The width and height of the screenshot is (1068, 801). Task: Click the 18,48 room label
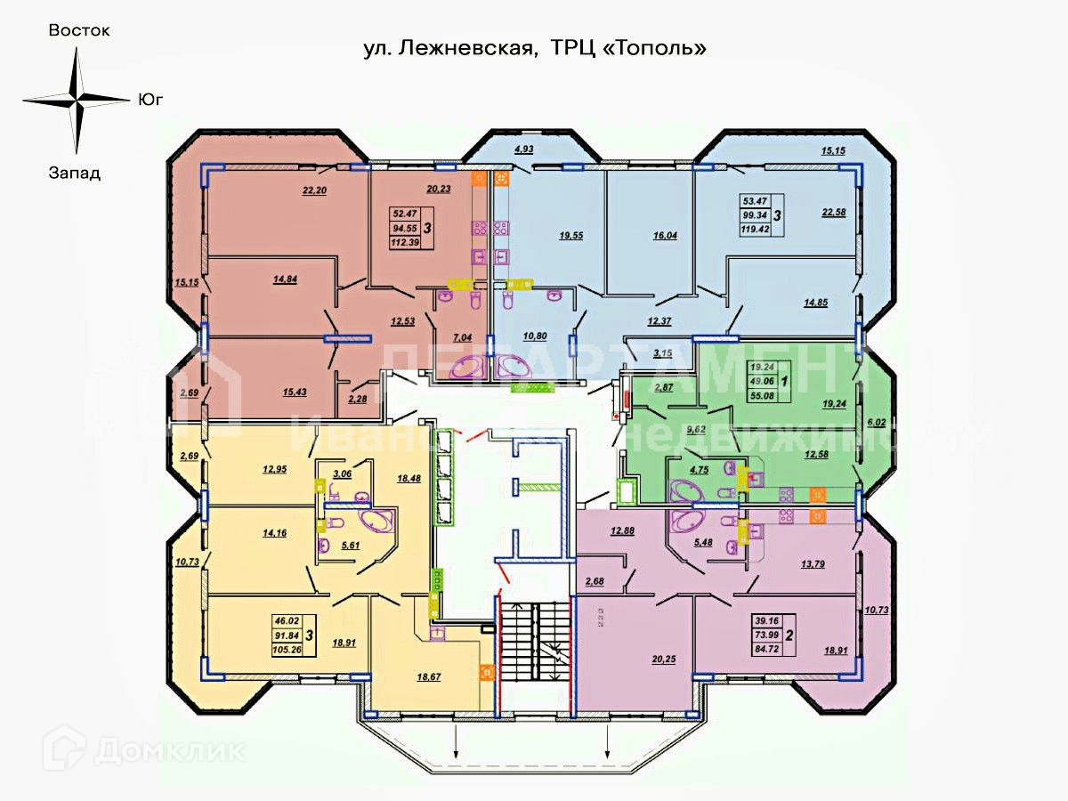pyautogui.click(x=410, y=479)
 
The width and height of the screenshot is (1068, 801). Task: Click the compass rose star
pyautogui.click(x=77, y=100)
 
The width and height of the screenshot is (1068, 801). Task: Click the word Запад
pyautogui.click(x=75, y=173)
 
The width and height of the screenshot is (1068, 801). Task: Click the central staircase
pyautogui.click(x=532, y=655)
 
